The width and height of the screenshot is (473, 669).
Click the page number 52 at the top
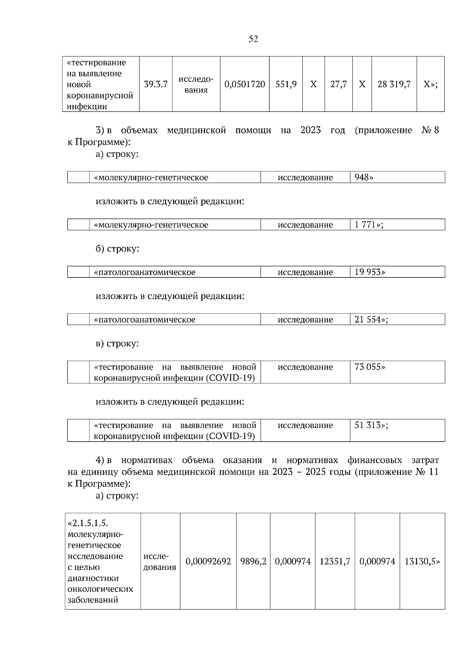pos(253,39)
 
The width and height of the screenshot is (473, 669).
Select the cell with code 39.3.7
pos(156,84)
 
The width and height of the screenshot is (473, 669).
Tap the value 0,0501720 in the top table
pos(244,84)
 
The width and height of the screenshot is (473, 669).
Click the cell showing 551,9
pos(286,84)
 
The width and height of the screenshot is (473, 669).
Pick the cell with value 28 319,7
pos(394,84)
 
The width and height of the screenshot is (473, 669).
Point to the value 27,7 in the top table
pos(338,84)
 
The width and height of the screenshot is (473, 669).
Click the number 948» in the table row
pos(363,177)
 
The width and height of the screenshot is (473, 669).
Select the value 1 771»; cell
pos(369,225)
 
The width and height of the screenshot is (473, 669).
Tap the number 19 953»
pos(370,272)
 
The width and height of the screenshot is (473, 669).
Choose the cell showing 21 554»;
pos(371,319)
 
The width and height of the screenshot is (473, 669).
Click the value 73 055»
pos(370,367)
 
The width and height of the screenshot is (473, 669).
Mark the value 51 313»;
pos(371,425)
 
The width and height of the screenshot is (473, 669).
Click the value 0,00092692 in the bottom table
pos(208,561)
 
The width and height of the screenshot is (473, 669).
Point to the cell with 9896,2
pos(253,561)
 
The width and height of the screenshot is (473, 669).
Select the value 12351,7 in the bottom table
pos(335,561)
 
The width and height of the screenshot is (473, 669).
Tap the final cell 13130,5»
pos(422,561)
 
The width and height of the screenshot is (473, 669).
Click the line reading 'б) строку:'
pos(117,249)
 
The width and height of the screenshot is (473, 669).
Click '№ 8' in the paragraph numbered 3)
pos(430,130)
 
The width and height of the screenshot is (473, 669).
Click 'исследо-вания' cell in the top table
pos(196,84)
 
